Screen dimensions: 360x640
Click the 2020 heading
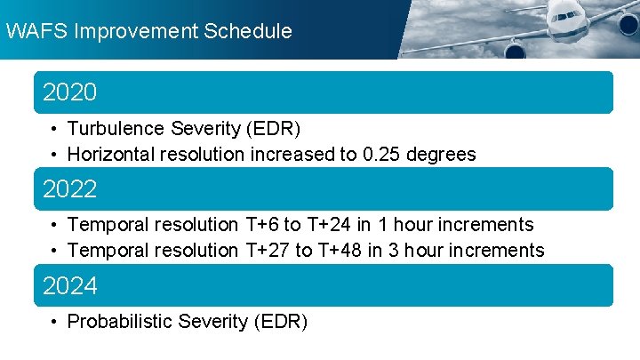70,92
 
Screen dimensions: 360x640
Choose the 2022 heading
70,189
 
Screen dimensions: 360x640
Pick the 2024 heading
70,286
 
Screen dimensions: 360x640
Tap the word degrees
443,155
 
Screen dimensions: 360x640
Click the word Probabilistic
120,322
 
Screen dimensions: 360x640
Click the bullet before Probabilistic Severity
55,322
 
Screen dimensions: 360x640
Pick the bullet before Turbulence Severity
55,129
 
